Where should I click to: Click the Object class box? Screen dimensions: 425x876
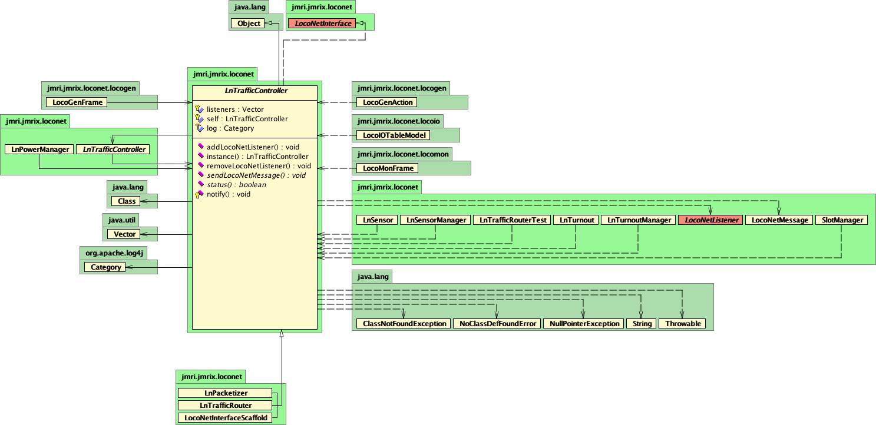(x=248, y=24)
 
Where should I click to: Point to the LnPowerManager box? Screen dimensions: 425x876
(x=39, y=150)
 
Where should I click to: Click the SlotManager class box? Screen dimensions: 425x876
(x=841, y=220)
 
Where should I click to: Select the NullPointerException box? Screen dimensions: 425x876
(x=584, y=324)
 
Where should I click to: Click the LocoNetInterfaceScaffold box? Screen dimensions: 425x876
(x=225, y=418)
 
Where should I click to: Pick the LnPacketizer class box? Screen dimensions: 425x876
(x=225, y=393)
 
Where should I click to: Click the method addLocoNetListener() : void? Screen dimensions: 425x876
(x=253, y=147)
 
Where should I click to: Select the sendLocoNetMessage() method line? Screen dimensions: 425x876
(x=256, y=175)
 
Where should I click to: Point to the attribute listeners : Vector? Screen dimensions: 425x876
(x=235, y=109)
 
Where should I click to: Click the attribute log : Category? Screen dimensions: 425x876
(x=230, y=128)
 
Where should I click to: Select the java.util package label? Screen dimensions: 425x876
(x=121, y=220)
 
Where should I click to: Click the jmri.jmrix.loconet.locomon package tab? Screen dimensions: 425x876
(x=402, y=154)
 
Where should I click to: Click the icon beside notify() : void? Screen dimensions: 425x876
(x=200, y=194)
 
